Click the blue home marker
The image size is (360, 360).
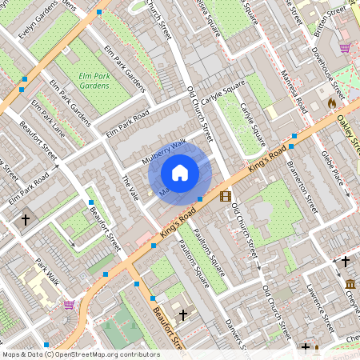(180, 172)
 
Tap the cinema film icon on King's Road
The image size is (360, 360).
(225, 196)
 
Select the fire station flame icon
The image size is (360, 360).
(331, 102)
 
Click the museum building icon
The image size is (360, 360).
(350, 284)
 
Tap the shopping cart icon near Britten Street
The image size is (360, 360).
(345, 48)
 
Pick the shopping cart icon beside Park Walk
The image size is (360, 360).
(69, 305)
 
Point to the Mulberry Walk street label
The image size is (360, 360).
(164, 151)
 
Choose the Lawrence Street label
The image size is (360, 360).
(317, 308)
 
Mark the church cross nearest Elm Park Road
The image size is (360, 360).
(25, 218)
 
